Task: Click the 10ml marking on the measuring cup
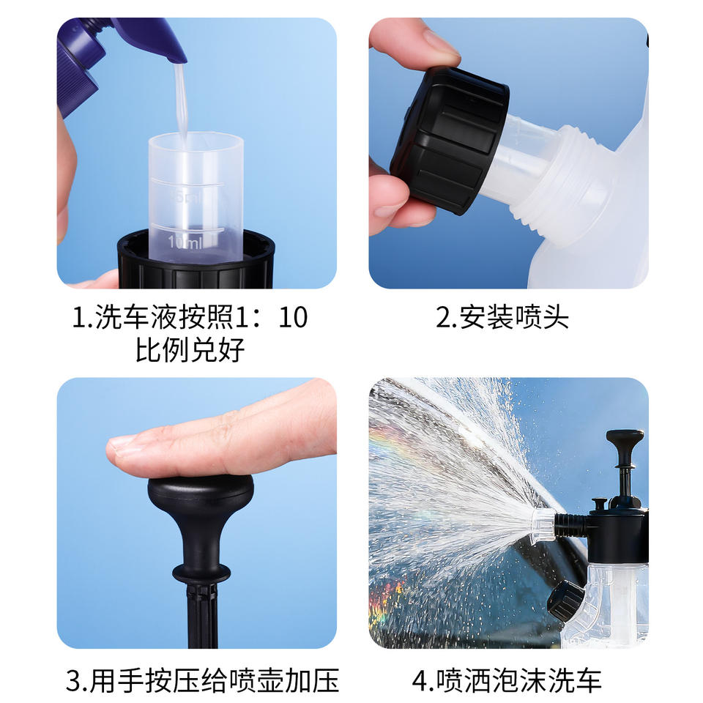click(185, 242)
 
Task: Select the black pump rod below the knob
click(202, 614)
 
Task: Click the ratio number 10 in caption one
click(293, 318)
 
